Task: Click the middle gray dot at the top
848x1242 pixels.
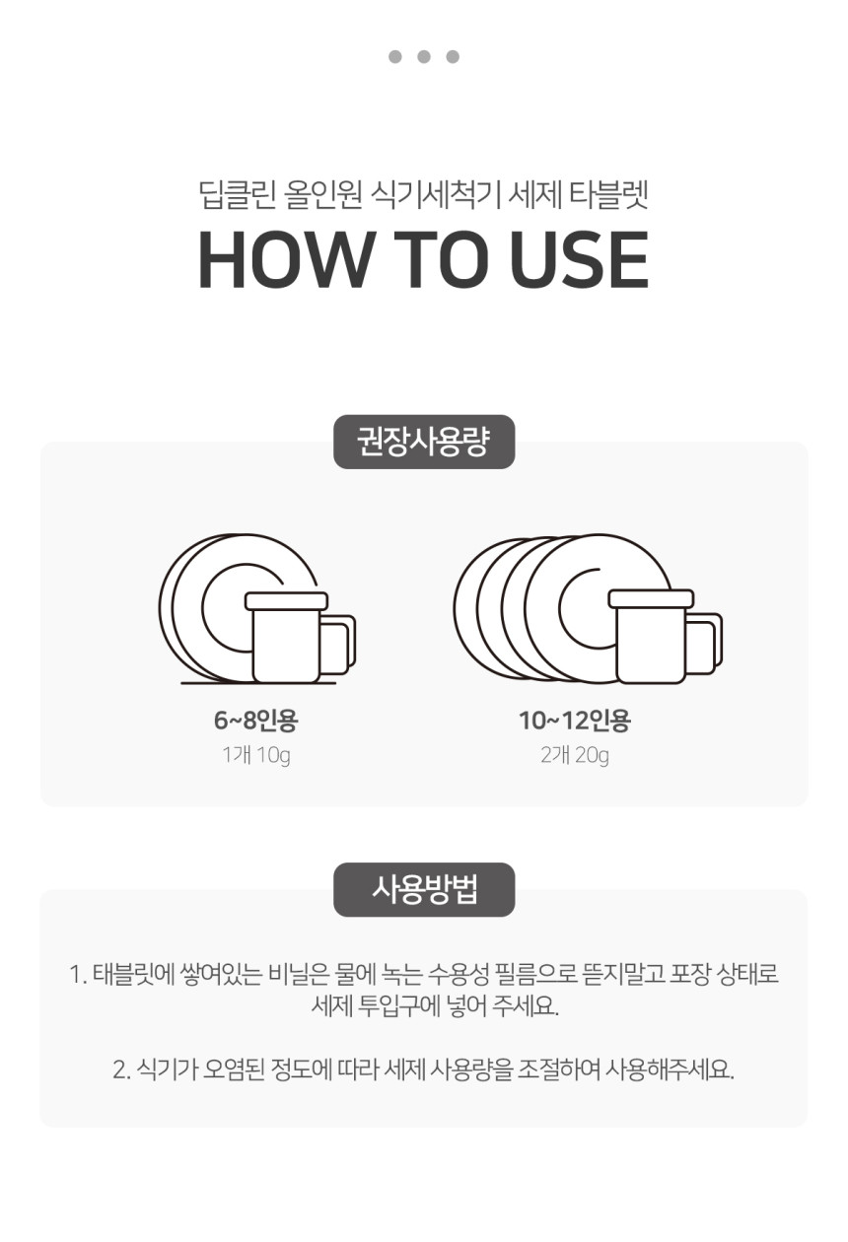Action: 424,56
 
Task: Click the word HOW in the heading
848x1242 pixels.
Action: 285,259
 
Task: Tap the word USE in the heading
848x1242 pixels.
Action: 579,259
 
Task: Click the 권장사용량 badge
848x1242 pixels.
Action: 424,442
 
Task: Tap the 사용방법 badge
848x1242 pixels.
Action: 424,889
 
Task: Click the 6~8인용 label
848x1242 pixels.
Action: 256,720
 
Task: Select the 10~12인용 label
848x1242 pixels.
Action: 575,720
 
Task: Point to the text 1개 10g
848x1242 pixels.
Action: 256,755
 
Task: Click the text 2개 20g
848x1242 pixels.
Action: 575,755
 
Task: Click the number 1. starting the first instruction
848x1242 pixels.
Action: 78,974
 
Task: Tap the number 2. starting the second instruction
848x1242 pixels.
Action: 121,1069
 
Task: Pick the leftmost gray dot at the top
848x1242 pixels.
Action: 394,56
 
